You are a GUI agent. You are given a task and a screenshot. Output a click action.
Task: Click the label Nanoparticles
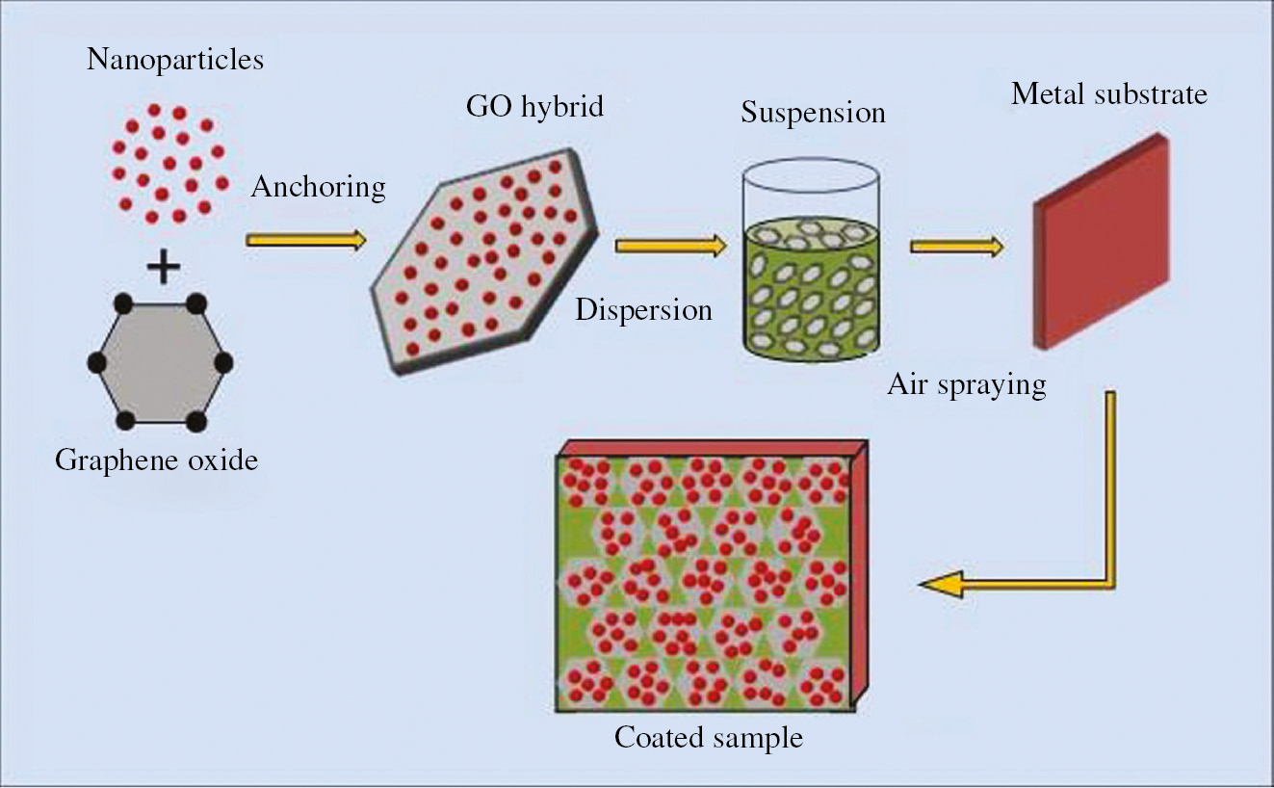point(174,61)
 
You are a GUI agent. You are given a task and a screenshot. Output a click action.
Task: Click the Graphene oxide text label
point(156,460)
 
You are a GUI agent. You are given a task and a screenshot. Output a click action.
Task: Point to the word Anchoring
point(318,186)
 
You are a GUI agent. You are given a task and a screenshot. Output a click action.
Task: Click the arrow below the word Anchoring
point(306,239)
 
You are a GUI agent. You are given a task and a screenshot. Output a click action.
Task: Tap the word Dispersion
point(643,309)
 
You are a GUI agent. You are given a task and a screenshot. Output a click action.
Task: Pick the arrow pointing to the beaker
point(669,247)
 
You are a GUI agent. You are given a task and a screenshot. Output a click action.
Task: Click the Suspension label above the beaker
point(813,112)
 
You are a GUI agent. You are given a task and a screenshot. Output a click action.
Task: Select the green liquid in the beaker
point(812,289)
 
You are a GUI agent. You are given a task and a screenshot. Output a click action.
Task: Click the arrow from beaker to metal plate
point(956,247)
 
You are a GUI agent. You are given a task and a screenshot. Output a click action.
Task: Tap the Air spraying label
point(966,384)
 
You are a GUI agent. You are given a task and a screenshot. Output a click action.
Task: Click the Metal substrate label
point(1108,94)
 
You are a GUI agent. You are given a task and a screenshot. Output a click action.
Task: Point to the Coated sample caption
point(708,738)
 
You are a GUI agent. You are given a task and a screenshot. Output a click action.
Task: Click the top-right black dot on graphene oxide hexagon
point(196,304)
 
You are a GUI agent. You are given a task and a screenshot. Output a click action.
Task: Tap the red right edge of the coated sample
point(857,578)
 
